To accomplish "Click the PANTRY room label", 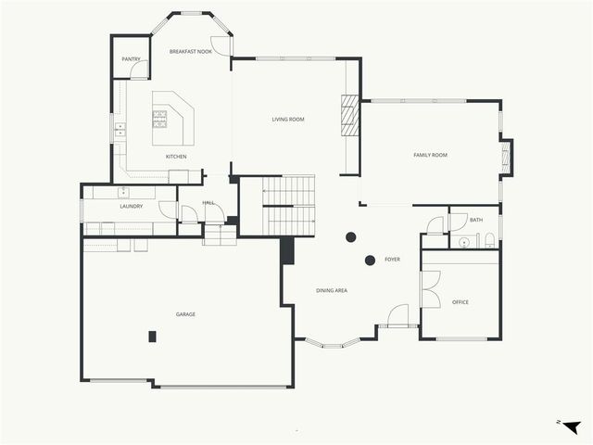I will tap(132, 59).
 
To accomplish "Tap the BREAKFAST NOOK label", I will tap(191, 52).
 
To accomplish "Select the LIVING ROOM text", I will tap(288, 120).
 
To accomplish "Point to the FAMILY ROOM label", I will tap(430, 155).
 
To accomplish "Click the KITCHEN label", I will tap(176, 157).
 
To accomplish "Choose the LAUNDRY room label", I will tap(131, 206).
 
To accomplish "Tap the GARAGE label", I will tap(185, 314).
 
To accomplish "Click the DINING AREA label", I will tap(332, 291).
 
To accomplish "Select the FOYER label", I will tap(392, 260).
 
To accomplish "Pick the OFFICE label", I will tap(461, 302).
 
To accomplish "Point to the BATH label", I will tap(476, 220).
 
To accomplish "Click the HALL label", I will tap(208, 202).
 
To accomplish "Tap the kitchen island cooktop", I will tap(160, 118).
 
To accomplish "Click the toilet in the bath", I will tap(489, 241).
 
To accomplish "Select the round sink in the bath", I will tap(463, 243).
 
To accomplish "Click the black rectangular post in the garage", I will tap(153, 337).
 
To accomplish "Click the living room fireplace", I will tap(349, 116).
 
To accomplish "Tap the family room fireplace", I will tap(506, 156).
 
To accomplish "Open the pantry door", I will tap(139, 70).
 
